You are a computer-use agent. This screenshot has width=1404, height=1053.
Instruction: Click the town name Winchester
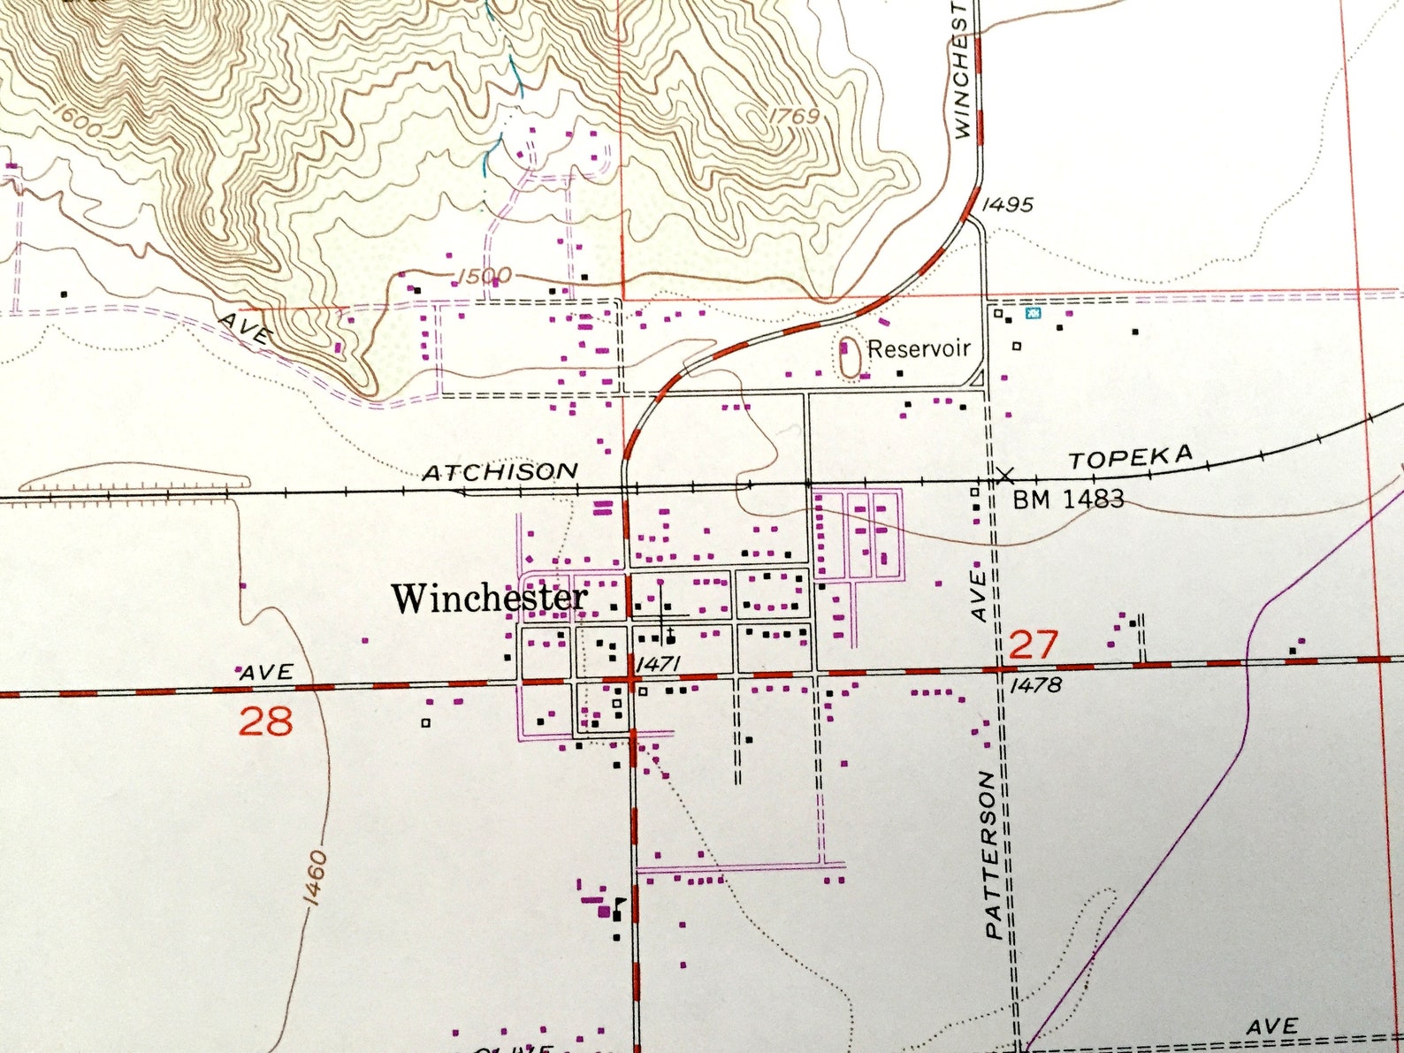click(489, 599)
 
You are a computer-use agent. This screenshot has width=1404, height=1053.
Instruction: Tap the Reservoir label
click(919, 348)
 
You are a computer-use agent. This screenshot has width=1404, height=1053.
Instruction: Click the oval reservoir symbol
click(850, 357)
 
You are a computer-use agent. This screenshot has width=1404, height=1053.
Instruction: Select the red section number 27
click(1033, 645)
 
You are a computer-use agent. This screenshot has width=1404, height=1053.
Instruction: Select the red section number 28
click(265, 721)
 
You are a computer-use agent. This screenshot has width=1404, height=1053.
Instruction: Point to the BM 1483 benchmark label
click(1068, 500)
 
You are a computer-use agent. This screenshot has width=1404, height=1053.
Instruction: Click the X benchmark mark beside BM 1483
click(1004, 476)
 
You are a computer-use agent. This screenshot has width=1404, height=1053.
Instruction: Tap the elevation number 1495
click(1008, 205)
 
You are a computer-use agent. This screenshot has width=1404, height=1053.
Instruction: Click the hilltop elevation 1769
click(794, 116)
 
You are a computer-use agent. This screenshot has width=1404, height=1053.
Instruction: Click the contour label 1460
click(314, 879)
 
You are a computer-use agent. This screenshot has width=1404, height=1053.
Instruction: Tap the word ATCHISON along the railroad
click(500, 472)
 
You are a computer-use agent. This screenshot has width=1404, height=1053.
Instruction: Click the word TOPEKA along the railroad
click(1131, 458)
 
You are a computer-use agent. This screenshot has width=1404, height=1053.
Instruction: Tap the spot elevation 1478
click(1035, 684)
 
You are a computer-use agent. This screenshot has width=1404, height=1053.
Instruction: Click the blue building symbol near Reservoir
click(1032, 313)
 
